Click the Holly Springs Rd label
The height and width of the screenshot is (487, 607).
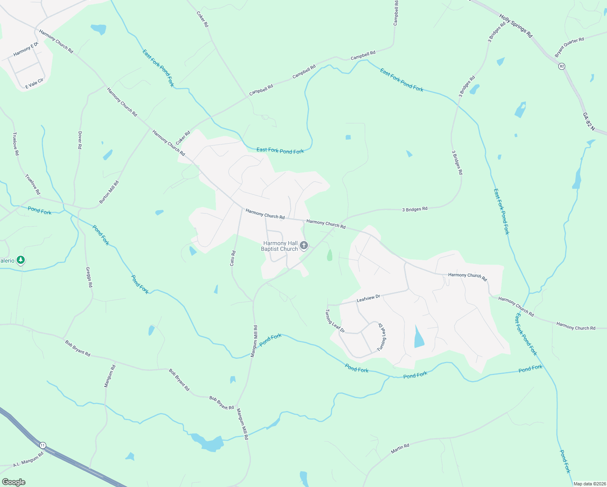515,26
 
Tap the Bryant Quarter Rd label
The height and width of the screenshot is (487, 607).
569,47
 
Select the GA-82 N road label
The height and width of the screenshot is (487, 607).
589,121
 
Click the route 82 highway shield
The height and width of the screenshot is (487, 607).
562,66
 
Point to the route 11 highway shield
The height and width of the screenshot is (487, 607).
43,446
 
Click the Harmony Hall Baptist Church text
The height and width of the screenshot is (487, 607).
280,246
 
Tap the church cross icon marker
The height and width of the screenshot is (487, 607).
303,246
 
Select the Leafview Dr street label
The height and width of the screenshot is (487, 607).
368,298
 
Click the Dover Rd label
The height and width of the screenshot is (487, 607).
80,140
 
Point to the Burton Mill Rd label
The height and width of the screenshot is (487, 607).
109,192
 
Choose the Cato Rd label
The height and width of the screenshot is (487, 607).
233,258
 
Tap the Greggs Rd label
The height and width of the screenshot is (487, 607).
89,277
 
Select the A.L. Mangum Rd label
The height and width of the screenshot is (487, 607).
28,459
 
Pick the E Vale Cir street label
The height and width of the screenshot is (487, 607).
34,84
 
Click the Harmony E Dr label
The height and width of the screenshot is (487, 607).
25,49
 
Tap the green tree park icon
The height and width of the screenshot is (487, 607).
21,260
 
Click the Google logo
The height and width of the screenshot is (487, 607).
14,482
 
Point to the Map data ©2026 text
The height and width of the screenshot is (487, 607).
590,484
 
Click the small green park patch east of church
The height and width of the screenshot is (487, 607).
329,255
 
